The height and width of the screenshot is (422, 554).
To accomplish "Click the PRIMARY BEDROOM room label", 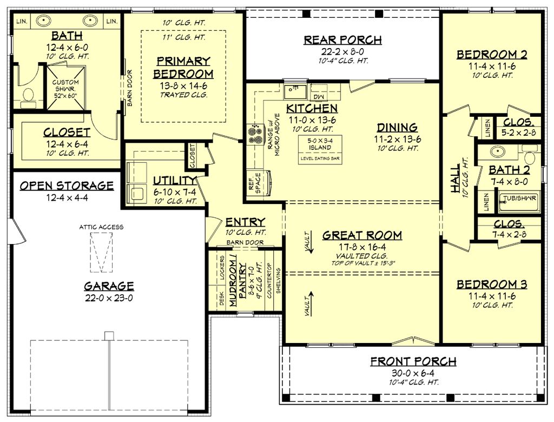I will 183,67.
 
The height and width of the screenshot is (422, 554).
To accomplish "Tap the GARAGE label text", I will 109,286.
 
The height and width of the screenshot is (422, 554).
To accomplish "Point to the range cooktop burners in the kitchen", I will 254,135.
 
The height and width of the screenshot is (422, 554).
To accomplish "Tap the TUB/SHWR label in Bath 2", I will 518,198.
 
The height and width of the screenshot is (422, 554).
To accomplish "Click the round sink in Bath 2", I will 498,151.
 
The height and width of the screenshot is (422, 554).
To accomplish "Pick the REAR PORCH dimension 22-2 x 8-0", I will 342,52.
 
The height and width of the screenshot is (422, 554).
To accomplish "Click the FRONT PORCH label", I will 413,361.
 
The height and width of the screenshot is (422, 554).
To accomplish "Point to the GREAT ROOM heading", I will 362,235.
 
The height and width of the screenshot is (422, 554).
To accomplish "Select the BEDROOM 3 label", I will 492,285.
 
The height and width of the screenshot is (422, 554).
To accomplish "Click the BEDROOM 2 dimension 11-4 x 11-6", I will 492,66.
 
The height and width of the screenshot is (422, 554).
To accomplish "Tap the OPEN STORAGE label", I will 67,186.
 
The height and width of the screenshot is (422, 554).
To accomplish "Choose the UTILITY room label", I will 174,181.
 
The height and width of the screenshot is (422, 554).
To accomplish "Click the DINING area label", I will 397,128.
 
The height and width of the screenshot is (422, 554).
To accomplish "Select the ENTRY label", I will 245,222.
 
